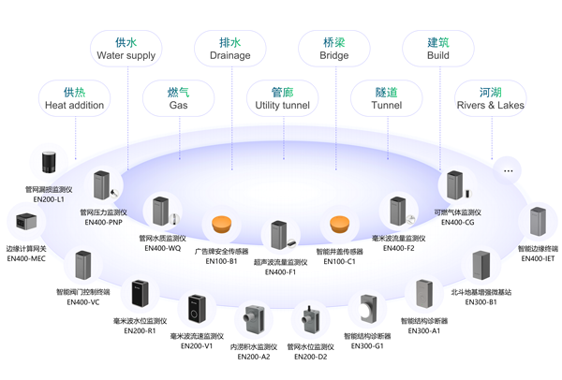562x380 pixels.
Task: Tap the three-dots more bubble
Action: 509,170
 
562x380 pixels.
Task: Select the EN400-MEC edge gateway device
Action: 25,223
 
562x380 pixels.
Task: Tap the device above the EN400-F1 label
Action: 279,234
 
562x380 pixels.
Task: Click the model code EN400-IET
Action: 537,258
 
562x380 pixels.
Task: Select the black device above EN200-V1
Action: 197,309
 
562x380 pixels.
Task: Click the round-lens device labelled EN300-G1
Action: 366,310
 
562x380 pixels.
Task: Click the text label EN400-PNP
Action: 102,223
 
